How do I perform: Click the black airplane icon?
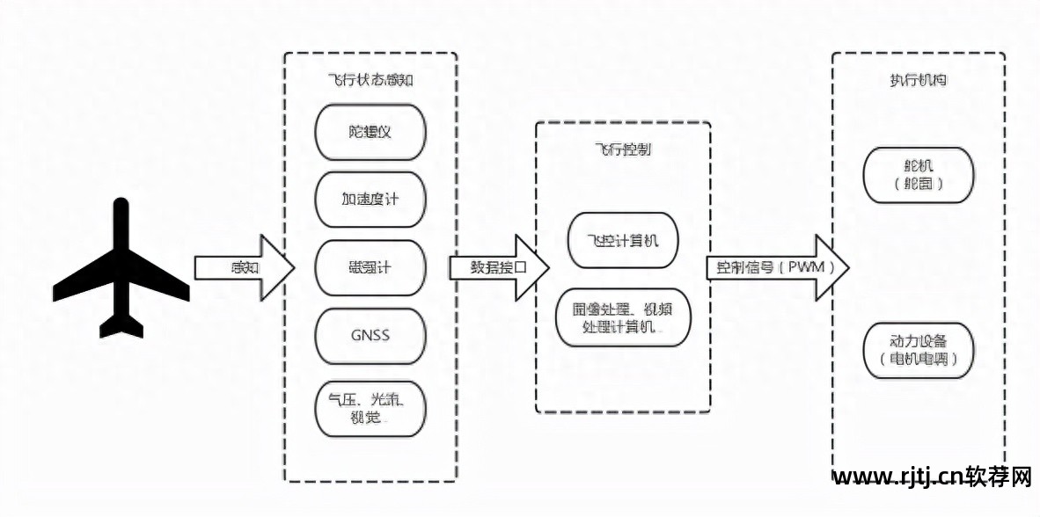coord(121,273)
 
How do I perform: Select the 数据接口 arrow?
coord(498,267)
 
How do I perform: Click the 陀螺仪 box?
coord(370,133)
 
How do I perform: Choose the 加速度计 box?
coord(370,200)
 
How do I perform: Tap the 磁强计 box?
coord(370,267)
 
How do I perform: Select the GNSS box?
coord(370,335)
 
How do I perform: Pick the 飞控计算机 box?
coord(623,240)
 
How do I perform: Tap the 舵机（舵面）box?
coord(919,175)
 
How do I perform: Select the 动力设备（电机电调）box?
coord(919,351)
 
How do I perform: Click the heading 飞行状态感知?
coord(370,80)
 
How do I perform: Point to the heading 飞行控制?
coord(623,149)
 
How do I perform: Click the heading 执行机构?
coord(919,80)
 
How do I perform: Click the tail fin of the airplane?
coord(121,327)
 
